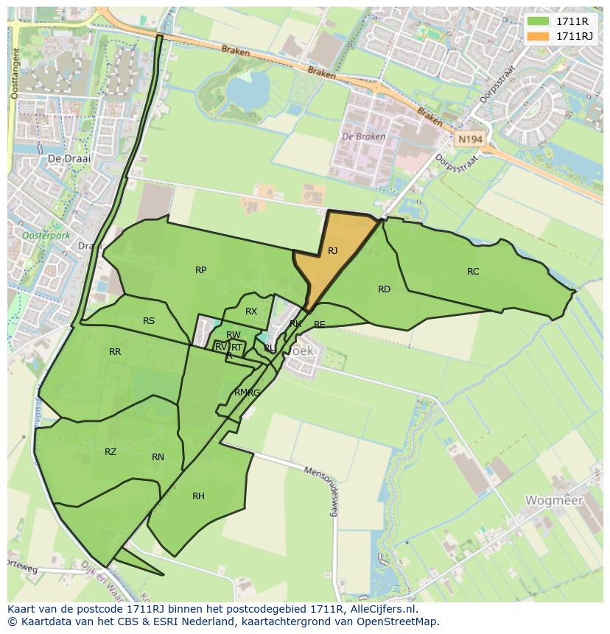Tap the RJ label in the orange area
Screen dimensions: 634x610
pyautogui.click(x=333, y=251)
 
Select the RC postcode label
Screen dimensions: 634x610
pyautogui.click(x=473, y=272)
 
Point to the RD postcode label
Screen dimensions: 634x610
pyautogui.click(x=384, y=289)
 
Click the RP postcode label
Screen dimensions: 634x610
pyautogui.click(x=200, y=270)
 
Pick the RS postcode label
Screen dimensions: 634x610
pyautogui.click(x=149, y=321)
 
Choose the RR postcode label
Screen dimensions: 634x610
pyautogui.click(x=115, y=352)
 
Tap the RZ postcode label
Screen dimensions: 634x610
pyautogui.click(x=111, y=452)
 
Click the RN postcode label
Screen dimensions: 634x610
pyautogui.click(x=158, y=457)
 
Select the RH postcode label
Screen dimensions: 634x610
pyautogui.click(x=198, y=496)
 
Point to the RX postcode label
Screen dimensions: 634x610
pyautogui.click(x=251, y=311)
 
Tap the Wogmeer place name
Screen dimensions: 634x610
pyautogui.click(x=553, y=501)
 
